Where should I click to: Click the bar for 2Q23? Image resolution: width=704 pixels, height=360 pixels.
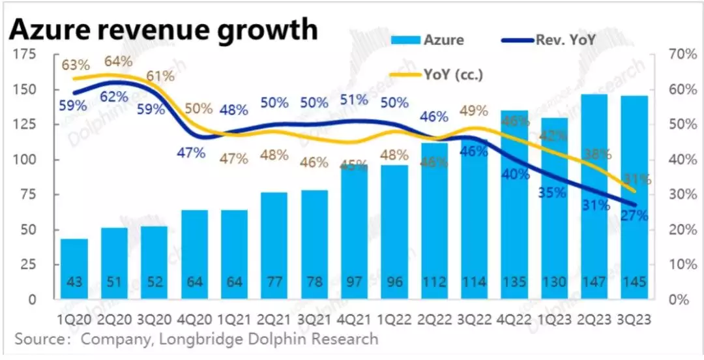pos(595,196)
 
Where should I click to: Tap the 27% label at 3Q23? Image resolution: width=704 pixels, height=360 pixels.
pos(634,215)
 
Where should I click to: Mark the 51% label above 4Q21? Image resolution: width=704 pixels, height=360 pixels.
pos(354,100)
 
